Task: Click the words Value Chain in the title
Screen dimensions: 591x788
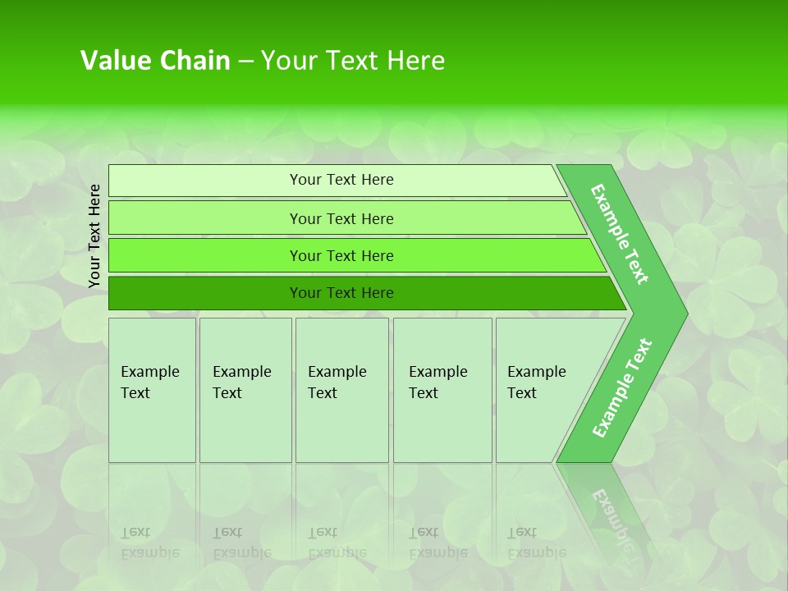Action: (x=155, y=60)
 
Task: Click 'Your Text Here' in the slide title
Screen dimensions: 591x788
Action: (x=353, y=60)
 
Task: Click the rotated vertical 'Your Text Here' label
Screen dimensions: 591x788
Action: (x=94, y=236)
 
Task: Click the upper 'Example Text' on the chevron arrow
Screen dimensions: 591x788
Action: (x=620, y=234)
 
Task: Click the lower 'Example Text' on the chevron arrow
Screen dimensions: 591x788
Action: (x=622, y=387)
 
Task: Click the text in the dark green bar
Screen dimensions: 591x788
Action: (x=341, y=293)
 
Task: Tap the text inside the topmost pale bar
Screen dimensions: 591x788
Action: (x=341, y=180)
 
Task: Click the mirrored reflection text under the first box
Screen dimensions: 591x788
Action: (x=149, y=543)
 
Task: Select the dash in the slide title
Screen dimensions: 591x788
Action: (x=245, y=61)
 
